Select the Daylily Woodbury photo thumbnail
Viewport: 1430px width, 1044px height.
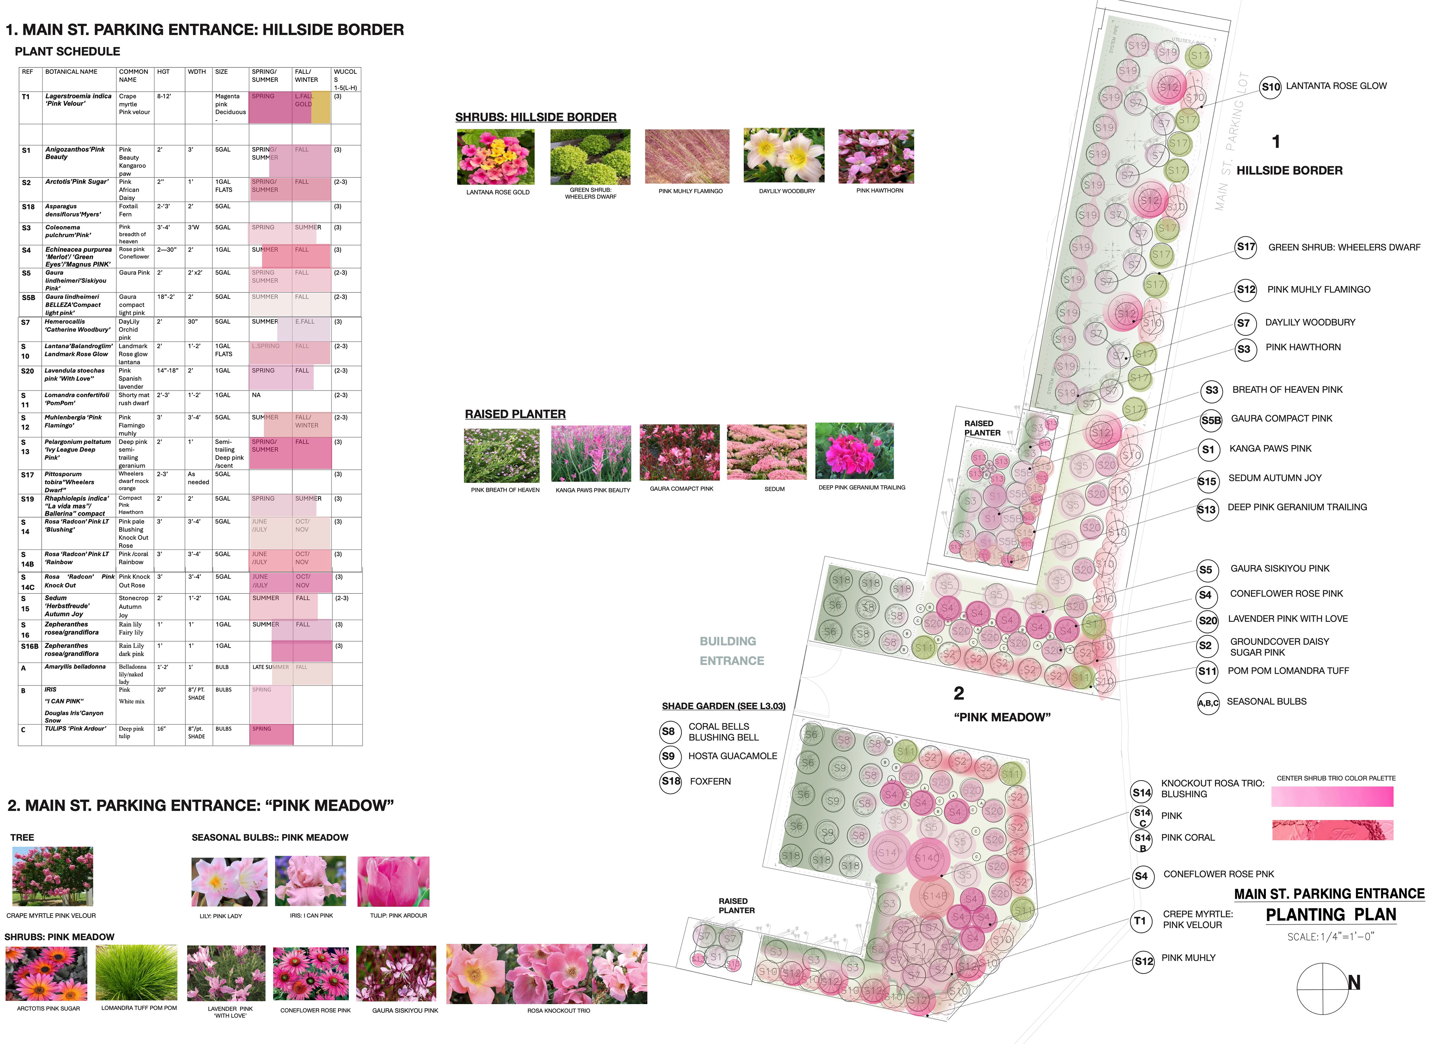click(784, 155)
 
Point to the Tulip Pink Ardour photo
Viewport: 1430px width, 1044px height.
click(394, 882)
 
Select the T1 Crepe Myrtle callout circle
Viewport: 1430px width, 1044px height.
click(1140, 921)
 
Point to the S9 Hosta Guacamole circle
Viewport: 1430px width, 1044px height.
click(668, 756)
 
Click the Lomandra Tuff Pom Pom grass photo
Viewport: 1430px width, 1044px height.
click(138, 973)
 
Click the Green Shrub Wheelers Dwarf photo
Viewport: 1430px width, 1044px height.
click(590, 157)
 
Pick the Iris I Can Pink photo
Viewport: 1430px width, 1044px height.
click(310, 882)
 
